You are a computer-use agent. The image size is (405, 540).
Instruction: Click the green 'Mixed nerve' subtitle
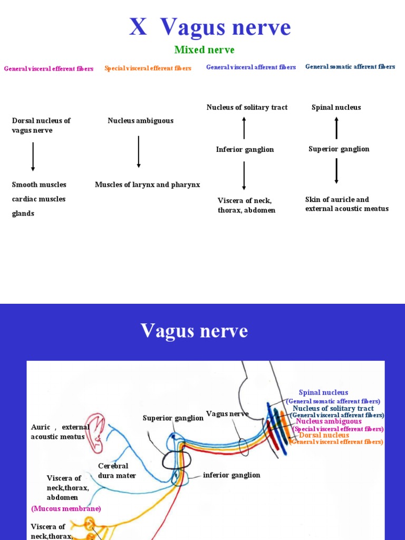[x=204, y=50]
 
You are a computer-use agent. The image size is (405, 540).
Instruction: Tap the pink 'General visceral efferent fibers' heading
[x=49, y=69]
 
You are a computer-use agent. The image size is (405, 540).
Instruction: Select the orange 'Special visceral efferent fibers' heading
[x=148, y=68]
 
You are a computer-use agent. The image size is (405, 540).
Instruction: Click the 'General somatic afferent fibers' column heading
[x=350, y=67]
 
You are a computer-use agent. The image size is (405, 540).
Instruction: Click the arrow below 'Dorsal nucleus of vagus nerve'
[x=33, y=156]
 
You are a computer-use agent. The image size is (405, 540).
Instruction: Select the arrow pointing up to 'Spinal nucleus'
[x=336, y=128]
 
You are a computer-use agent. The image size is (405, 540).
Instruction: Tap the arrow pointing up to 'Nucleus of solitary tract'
[x=244, y=128]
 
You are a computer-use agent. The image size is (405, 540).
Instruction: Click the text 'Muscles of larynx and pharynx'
[x=147, y=185]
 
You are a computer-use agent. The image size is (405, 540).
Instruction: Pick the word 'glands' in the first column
[x=23, y=214]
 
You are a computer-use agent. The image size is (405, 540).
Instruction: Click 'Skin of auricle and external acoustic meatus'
[x=346, y=204]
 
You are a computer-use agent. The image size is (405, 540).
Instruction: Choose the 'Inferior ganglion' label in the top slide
[x=245, y=150]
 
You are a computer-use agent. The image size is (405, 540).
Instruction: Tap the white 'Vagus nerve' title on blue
[x=194, y=331]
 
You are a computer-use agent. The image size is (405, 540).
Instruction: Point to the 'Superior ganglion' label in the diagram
[x=173, y=418]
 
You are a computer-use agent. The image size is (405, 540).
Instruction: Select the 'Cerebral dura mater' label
[x=117, y=471]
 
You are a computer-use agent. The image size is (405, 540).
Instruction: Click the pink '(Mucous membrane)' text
[x=66, y=508]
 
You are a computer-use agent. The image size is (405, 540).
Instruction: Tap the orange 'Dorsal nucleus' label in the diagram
[x=324, y=436]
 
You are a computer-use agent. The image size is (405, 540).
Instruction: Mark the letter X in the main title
[x=138, y=27]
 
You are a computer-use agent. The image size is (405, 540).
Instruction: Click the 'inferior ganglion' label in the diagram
[x=232, y=475]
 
